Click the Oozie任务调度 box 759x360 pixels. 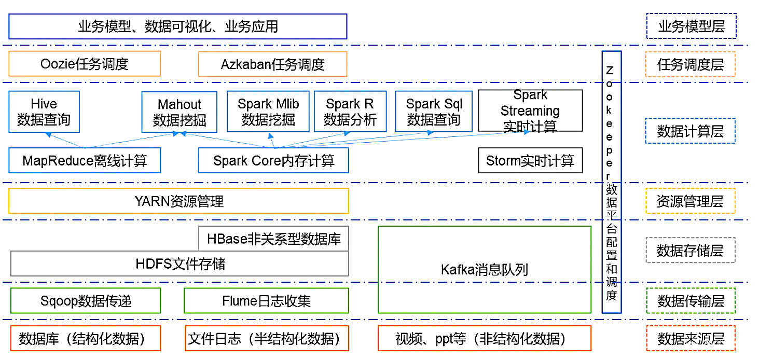point(85,64)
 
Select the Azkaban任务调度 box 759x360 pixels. point(272,65)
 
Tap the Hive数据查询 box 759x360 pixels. point(44,112)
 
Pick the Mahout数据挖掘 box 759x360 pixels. point(180,112)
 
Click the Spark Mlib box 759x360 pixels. point(268,112)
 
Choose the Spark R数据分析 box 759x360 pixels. point(350,112)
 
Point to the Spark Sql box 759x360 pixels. point(434,112)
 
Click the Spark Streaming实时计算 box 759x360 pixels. point(530,111)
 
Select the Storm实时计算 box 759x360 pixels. point(530,161)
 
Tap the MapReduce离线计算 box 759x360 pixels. point(85,160)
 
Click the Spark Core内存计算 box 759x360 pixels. point(273,160)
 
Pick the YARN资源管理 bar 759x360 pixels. point(178,201)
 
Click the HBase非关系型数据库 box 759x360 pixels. point(273,239)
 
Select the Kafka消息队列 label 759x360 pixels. point(484,270)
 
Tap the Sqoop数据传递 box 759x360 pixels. point(86,301)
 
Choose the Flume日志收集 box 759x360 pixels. point(266,301)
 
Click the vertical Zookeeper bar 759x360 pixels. point(611,182)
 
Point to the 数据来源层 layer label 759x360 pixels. point(691,339)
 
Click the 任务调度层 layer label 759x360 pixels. point(691,65)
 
